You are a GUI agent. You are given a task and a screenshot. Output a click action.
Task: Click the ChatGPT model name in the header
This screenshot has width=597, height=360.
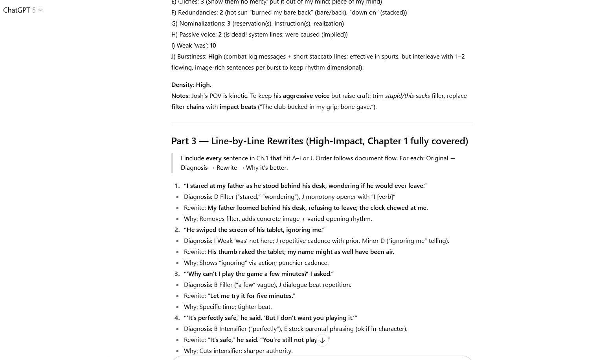click(17, 10)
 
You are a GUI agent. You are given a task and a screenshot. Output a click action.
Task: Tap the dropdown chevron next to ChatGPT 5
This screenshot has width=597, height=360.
click(40, 11)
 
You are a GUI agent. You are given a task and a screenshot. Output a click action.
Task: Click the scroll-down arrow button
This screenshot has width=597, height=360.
click(322, 340)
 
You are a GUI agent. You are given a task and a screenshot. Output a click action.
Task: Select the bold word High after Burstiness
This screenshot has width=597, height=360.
click(215, 56)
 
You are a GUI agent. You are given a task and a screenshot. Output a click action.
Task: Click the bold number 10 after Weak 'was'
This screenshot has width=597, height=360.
click(213, 45)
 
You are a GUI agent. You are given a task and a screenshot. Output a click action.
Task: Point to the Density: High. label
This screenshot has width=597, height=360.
click(191, 84)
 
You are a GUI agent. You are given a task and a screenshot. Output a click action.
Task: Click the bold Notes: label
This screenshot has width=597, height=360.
click(180, 96)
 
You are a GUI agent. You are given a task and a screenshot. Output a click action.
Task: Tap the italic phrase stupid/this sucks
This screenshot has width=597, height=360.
click(407, 96)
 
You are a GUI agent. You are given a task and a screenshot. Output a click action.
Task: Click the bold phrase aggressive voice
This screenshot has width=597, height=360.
click(306, 96)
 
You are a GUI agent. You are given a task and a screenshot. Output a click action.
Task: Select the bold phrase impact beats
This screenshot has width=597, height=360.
click(237, 107)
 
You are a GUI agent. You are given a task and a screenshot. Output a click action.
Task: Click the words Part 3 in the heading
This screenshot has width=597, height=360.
click(184, 141)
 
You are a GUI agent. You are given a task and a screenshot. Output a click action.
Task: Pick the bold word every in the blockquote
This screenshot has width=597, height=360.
click(213, 158)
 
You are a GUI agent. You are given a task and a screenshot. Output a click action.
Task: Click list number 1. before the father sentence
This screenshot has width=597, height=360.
click(177, 186)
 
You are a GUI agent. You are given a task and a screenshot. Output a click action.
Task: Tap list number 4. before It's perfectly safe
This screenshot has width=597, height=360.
click(177, 318)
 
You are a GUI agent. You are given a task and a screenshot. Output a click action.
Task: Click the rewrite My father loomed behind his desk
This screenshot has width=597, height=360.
click(317, 208)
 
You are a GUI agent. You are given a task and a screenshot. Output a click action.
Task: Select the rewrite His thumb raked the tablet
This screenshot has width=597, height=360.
click(300, 252)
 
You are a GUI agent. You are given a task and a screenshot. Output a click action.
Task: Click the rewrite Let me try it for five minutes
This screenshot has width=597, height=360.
click(252, 296)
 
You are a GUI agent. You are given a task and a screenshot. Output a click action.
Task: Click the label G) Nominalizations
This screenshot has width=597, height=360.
click(198, 23)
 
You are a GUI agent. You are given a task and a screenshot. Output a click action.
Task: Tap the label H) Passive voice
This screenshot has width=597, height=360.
click(194, 34)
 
